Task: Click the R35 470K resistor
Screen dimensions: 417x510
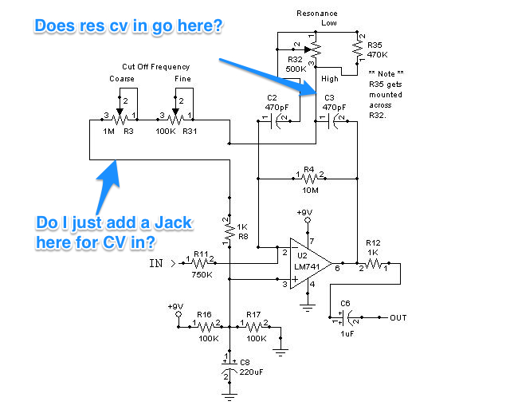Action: (359, 47)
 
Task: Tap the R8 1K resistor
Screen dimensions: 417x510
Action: (229, 230)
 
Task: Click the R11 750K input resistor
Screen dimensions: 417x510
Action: (199, 260)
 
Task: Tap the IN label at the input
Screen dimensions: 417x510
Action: (158, 260)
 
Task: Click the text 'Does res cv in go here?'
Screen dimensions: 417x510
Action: (128, 26)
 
